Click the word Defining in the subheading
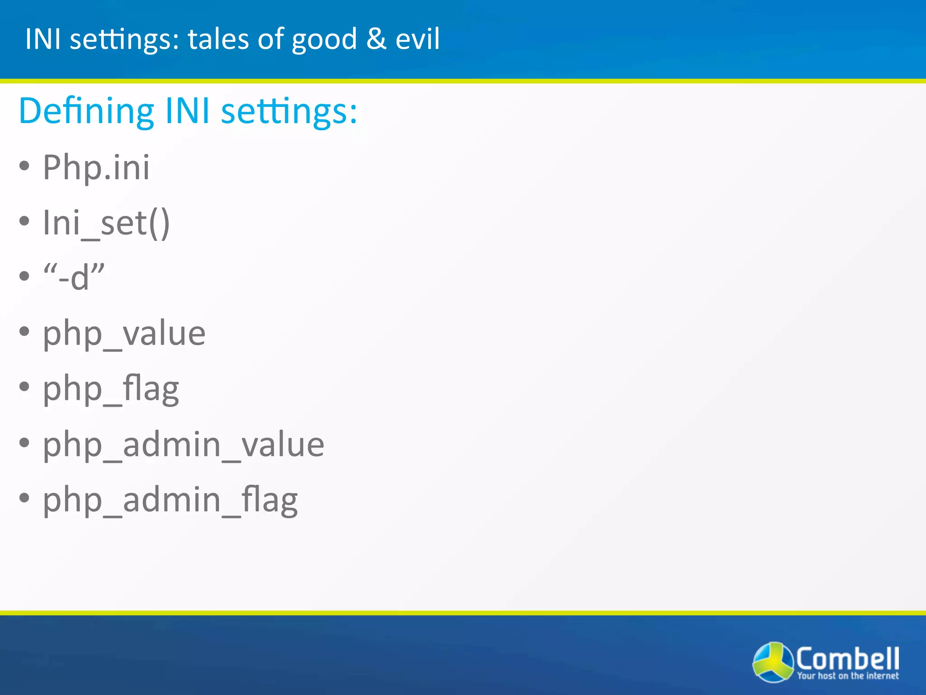point(86,111)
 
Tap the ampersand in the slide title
point(376,39)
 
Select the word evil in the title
point(417,39)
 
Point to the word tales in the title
point(218,39)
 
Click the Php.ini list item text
point(96,167)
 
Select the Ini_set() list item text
point(106,223)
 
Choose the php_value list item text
point(124,334)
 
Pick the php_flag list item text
point(111,389)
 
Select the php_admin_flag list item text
point(170,500)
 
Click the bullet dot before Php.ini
point(24,166)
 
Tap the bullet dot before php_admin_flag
point(24,498)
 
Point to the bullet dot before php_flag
point(24,387)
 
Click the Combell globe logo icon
point(773,662)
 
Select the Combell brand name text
point(847,658)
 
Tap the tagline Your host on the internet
point(848,676)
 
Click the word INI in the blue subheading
point(187,111)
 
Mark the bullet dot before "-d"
point(24,276)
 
